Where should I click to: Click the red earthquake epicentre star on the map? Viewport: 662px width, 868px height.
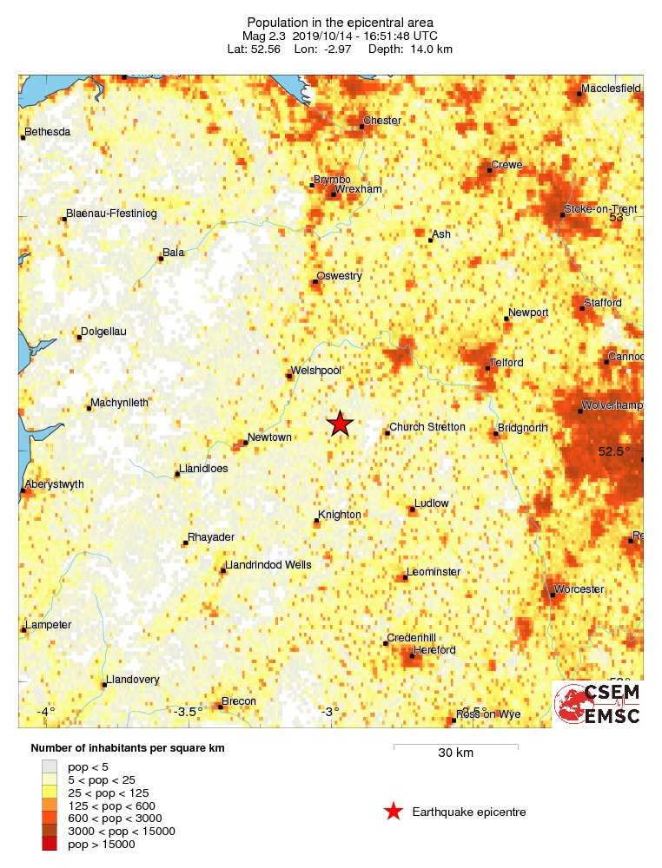coord(340,424)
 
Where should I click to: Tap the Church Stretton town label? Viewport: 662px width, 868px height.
coord(427,427)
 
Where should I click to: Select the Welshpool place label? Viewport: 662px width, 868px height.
coord(315,371)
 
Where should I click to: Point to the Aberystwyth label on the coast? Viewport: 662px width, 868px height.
coord(55,484)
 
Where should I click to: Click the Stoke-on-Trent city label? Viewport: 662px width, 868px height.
coord(600,209)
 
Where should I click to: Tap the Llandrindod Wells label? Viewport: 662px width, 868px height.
coord(268,565)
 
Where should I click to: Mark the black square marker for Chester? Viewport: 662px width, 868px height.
coord(361,128)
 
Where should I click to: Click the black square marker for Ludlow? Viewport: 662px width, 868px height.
coord(413,510)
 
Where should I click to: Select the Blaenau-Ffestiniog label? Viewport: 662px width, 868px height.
coord(111,214)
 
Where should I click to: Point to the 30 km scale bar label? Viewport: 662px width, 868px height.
coord(455,753)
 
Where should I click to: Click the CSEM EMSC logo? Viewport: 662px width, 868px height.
coord(598,704)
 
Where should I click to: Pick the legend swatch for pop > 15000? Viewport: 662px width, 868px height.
coord(50,845)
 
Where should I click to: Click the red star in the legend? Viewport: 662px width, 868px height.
coord(394,812)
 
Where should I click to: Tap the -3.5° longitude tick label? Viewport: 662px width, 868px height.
coord(188,712)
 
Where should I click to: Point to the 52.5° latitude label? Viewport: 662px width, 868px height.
coord(615,451)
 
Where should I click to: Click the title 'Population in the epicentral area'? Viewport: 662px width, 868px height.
coord(340,23)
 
